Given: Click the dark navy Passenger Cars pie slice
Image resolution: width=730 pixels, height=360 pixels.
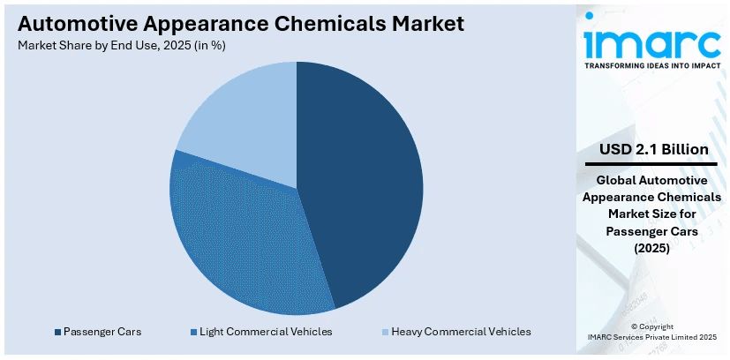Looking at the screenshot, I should (362, 176).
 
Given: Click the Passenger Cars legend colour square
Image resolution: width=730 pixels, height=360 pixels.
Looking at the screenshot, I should (57, 332).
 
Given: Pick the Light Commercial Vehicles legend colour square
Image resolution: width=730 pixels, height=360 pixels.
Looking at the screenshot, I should (193, 332).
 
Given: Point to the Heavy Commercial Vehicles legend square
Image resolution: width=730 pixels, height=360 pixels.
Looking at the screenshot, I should (386, 332).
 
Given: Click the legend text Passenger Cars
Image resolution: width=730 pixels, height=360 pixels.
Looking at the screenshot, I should (102, 332).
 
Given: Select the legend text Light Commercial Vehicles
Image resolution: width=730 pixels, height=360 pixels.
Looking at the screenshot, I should (266, 332).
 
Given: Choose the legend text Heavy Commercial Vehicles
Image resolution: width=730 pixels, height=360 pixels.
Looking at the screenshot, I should (462, 332).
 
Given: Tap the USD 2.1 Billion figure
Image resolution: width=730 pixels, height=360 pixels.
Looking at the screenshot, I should (653, 150).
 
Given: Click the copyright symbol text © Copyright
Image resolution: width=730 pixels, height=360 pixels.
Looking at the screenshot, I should (653, 326).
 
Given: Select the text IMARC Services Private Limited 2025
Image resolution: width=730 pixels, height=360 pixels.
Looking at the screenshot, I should (653, 337).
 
